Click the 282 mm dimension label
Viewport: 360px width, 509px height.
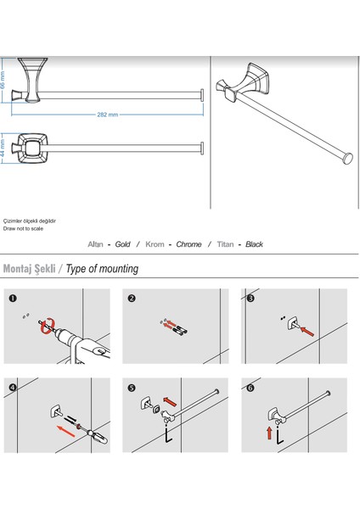pos(108,115)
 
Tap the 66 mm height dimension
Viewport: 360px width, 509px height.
pos(3,81)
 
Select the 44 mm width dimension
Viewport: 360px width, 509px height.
pos(3,148)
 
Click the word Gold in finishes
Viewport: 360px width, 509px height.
pos(122,244)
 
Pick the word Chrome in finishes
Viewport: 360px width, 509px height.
pos(188,244)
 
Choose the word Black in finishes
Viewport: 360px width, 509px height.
pos(254,244)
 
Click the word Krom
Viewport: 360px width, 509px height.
pos(155,244)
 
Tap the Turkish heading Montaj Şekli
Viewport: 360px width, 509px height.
pos(29,269)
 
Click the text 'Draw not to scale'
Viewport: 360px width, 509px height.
pos(23,228)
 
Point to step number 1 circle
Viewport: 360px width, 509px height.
pos(13,299)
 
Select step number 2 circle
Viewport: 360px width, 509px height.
pos(132,299)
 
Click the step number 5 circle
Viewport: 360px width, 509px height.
pos(132,388)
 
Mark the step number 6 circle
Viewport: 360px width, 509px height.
pos(250,388)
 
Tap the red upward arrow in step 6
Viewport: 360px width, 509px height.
pos(269,433)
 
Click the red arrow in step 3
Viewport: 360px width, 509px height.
pos(307,332)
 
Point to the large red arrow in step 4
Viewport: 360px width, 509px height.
pos(66,431)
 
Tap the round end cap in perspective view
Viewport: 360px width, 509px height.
pos(348,159)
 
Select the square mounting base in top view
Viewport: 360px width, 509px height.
pos(32,148)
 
